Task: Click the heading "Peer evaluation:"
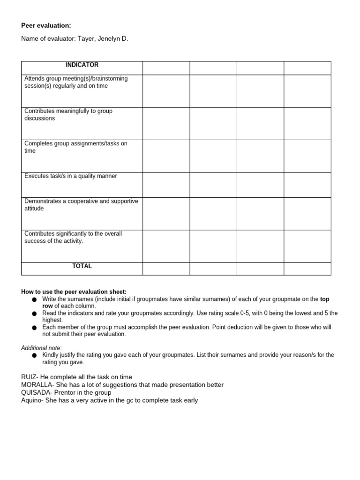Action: pyautogui.click(x=46, y=25)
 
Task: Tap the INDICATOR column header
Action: pyautogui.click(x=82, y=65)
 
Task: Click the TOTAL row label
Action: pyautogui.click(x=82, y=266)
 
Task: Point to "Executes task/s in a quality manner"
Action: pyautogui.click(x=71, y=176)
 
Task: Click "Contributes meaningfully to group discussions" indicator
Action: pyautogui.click(x=68, y=115)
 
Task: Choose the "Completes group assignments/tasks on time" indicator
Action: pyautogui.click(x=76, y=147)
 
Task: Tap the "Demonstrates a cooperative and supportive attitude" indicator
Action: pyautogui.click(x=81, y=205)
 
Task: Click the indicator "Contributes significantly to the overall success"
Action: pyautogui.click(x=73, y=237)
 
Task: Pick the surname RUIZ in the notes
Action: pyautogui.click(x=29, y=377)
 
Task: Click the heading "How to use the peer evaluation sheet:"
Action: pyautogui.click(x=74, y=292)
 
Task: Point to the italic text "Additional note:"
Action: pyautogui.click(x=41, y=348)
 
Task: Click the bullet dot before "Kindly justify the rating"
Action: pyautogui.click(x=34, y=356)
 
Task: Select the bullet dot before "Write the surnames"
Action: pyautogui.click(x=34, y=300)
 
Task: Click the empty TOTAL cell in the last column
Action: pyautogui.click(x=307, y=269)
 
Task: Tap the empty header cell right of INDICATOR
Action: pyautogui.click(x=166, y=68)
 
